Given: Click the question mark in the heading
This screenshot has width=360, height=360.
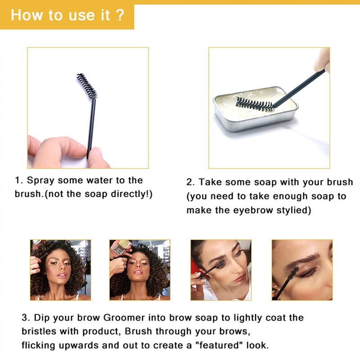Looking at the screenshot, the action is point(120,15).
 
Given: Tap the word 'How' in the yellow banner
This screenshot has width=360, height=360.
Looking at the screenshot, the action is point(27,15).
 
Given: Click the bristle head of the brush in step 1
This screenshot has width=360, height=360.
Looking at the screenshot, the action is point(87,85).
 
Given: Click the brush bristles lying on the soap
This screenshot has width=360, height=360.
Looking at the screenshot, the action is point(255,105).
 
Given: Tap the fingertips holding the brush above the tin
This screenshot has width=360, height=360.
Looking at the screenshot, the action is point(322,60).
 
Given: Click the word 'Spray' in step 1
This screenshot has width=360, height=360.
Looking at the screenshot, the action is point(40,181).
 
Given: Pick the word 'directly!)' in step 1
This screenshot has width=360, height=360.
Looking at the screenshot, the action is point(131,194).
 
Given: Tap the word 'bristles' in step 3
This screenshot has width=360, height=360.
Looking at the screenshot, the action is point(39,331).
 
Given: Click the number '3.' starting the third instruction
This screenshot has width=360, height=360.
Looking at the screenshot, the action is point(26,318).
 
